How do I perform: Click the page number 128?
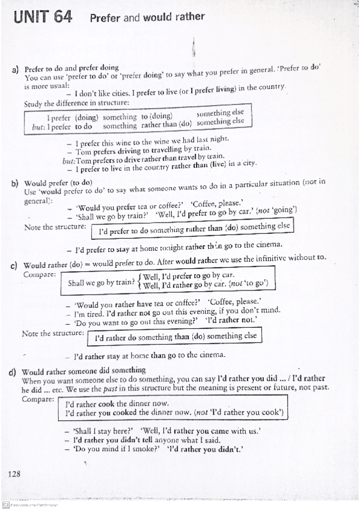15,474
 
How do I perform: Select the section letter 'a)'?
16,70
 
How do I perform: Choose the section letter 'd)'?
13,372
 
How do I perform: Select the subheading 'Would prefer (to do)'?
58,182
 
